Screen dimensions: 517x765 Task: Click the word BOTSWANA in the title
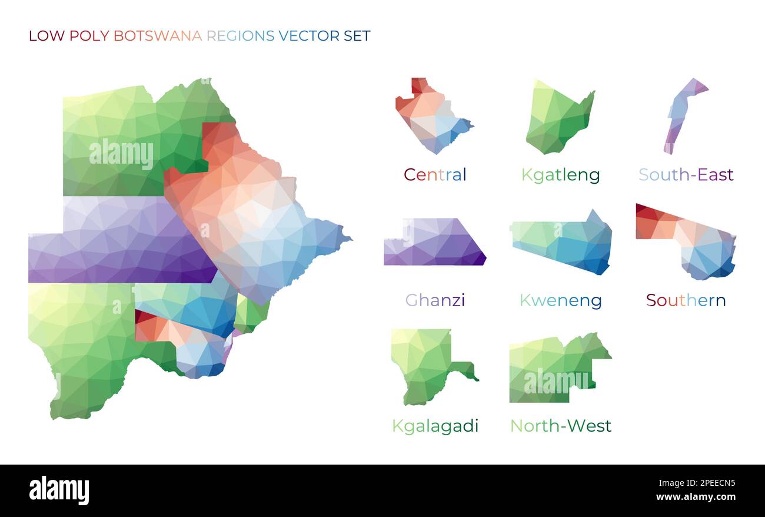pyautogui.click(x=157, y=36)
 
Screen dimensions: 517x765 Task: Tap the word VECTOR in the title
pyautogui.click(x=309, y=36)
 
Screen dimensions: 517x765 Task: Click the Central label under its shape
pyautogui.click(x=435, y=174)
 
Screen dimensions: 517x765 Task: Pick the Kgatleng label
pyautogui.click(x=560, y=175)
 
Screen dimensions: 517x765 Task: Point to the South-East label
pyautogui.click(x=686, y=174)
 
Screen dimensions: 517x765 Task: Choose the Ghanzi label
pyautogui.click(x=435, y=300)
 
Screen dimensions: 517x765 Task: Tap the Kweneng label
pyautogui.click(x=560, y=300)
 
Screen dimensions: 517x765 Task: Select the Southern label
pyautogui.click(x=686, y=300)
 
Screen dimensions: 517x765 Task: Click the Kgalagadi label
pyautogui.click(x=435, y=426)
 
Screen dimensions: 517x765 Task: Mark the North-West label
pyautogui.click(x=560, y=426)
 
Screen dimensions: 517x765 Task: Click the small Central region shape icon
pyautogui.click(x=433, y=118)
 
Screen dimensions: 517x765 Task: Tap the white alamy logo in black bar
pyautogui.click(x=59, y=491)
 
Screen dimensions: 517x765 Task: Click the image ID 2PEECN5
pyautogui.click(x=707, y=483)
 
